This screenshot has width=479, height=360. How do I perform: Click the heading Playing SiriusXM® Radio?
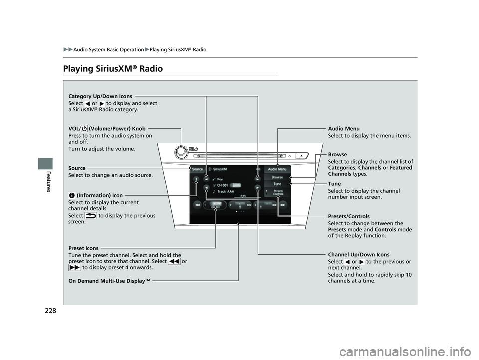pos(113,69)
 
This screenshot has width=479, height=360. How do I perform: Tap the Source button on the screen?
pos(197,170)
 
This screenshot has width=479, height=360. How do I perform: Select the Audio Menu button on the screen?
pos(277,170)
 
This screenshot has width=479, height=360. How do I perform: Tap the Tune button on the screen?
pos(277,184)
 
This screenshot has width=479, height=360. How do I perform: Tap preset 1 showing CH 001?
pos(216,204)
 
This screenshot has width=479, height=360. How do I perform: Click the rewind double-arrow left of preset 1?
pos(197,204)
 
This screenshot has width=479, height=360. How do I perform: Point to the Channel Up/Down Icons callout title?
pos(359,255)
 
